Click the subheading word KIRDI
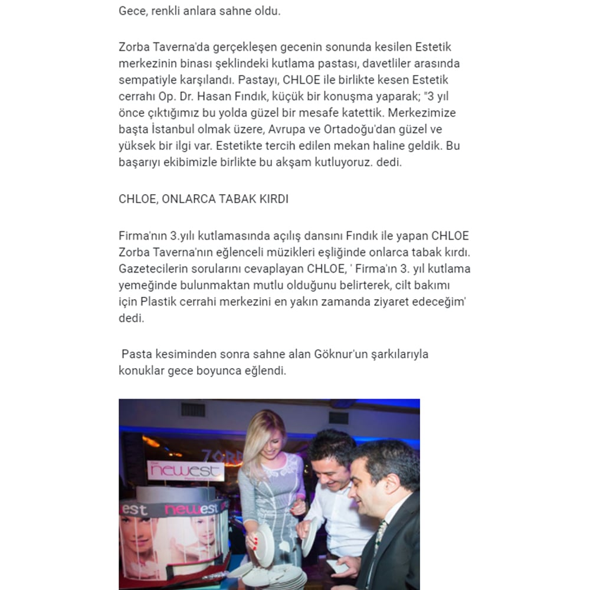click(x=273, y=199)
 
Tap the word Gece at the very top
click(x=131, y=11)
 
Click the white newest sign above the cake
click(x=185, y=471)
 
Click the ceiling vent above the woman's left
click(x=192, y=409)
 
